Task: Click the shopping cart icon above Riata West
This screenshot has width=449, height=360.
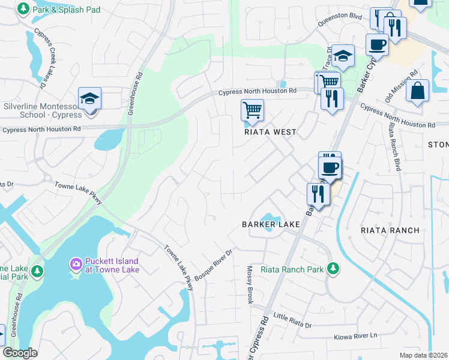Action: (252, 110)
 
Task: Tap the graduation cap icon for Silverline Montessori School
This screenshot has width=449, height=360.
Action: (89, 98)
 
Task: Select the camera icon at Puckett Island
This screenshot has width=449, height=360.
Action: (76, 263)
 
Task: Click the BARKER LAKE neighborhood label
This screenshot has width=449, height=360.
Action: (271, 224)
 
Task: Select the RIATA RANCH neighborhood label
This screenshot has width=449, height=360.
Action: (390, 230)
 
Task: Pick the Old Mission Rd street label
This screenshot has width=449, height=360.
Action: (404, 77)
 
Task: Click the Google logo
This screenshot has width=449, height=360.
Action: (20, 353)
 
